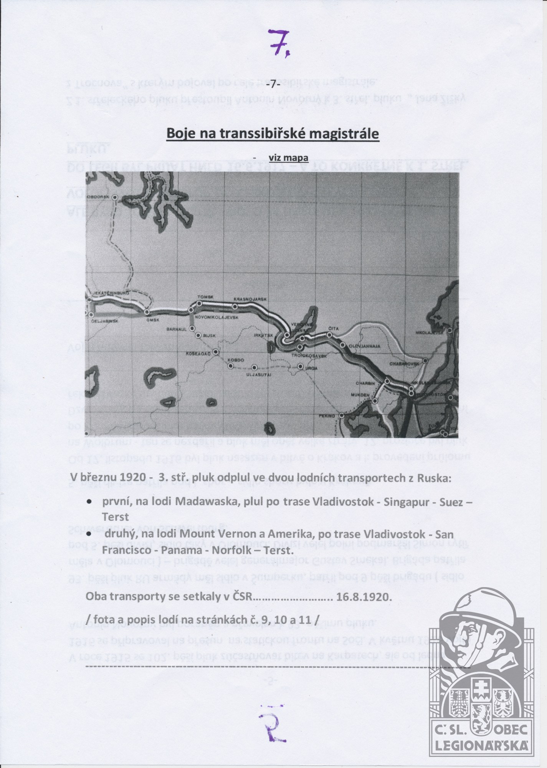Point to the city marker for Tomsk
tap(199, 303)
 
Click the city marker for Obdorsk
tap(114, 197)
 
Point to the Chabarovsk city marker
tap(425, 361)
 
